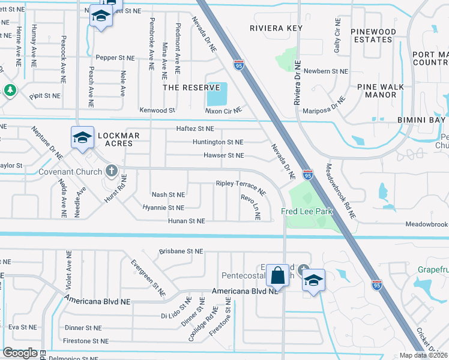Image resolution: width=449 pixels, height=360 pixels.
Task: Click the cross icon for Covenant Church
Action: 110,171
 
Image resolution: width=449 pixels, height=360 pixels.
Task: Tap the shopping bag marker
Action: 277,276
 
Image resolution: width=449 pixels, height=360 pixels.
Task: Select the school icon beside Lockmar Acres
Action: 82,138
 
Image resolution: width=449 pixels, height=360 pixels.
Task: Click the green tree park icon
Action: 10,90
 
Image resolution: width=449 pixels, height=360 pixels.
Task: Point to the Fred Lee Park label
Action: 306,211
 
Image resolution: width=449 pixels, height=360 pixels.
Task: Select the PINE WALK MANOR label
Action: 381,91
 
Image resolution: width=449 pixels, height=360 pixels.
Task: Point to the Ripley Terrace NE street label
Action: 241,187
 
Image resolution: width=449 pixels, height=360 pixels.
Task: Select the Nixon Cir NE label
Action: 223,110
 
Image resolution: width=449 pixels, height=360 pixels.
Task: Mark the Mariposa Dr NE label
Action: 326,106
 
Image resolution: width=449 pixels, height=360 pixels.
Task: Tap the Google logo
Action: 20,353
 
